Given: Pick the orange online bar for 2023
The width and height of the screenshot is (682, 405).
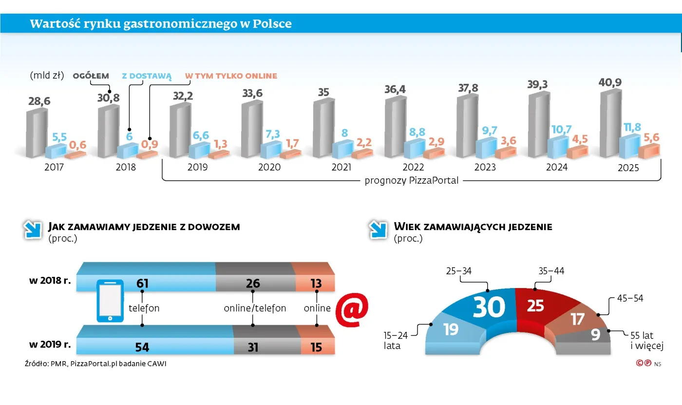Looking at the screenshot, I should coord(505,152).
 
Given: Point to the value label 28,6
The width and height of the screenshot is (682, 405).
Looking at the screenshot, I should coord(39,101).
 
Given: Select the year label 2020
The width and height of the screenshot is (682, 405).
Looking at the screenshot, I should coord(269,167).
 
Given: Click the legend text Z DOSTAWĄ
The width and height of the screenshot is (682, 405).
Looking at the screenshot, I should coord(147,76).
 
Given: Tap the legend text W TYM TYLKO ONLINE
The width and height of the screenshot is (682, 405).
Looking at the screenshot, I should coord(231,76).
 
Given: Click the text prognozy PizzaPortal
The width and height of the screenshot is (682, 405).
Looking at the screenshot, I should coord(412,181).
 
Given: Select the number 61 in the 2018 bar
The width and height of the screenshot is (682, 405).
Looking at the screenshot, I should coord(142,283).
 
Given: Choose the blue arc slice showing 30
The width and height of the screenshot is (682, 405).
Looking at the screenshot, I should coord(487,307).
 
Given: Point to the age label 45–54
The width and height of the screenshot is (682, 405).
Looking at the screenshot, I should coord(629,298).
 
